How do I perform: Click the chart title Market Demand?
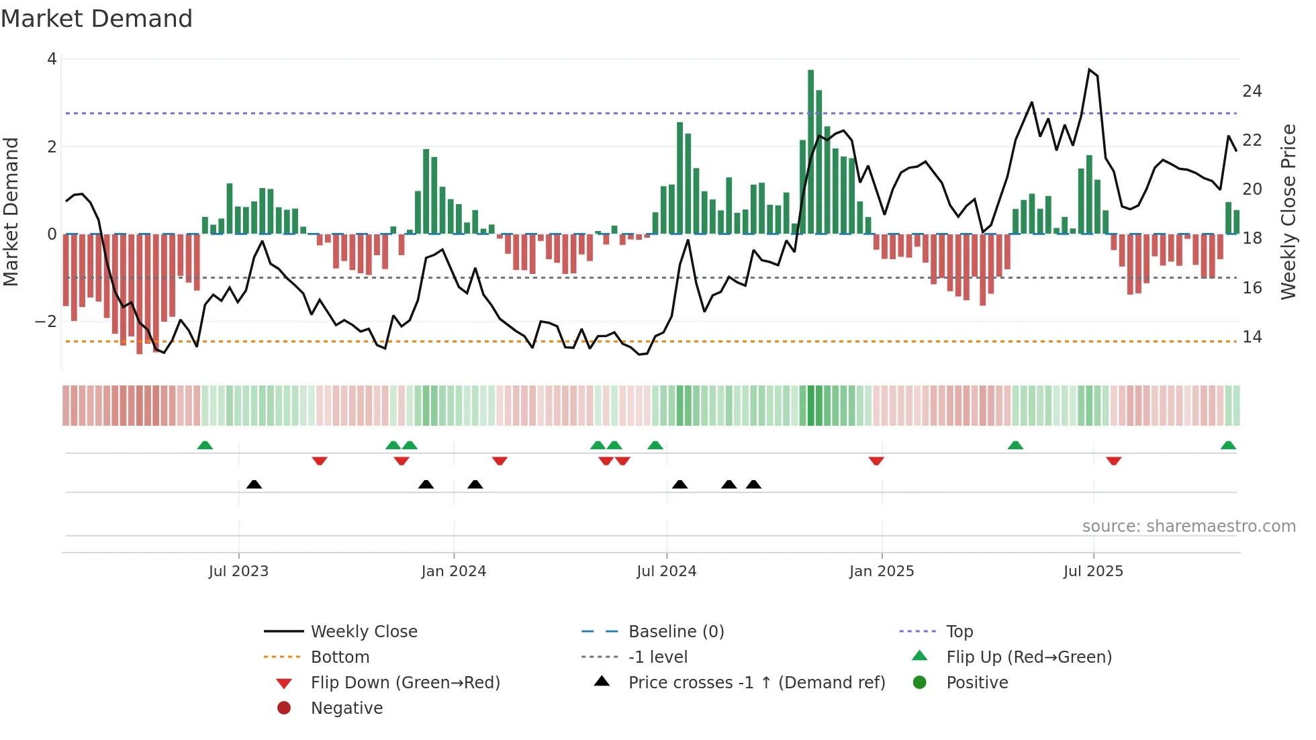(x=97, y=19)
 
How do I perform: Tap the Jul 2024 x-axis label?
(x=666, y=571)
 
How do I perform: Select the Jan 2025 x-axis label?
(x=881, y=571)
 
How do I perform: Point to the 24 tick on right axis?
(x=1252, y=91)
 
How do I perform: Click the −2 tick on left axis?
(x=46, y=322)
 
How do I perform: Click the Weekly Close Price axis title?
(x=1288, y=212)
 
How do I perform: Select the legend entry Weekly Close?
(x=363, y=632)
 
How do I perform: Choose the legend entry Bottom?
(x=340, y=657)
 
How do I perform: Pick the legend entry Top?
(x=959, y=632)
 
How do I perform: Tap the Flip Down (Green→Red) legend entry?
(x=405, y=683)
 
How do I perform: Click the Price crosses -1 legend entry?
(x=756, y=683)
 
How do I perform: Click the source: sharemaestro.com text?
(x=1188, y=526)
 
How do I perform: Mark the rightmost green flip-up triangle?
(x=1228, y=445)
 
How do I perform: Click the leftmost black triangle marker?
(x=254, y=484)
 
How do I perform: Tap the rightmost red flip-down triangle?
(x=1114, y=461)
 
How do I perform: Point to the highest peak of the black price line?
(x=1089, y=69)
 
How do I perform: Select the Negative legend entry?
(x=346, y=708)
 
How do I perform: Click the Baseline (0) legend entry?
(x=675, y=632)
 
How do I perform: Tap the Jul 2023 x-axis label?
(x=238, y=571)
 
